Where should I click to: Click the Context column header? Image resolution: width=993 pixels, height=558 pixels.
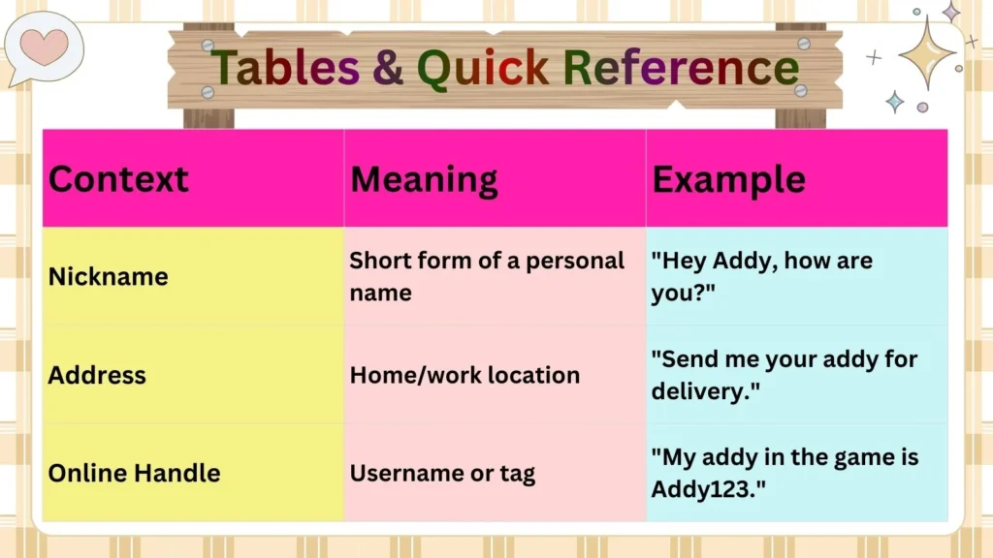coord(118,179)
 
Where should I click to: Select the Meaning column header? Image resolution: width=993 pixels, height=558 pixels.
coord(424,179)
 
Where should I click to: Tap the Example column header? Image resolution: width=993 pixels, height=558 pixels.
coord(728,179)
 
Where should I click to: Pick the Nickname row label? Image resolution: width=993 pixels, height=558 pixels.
coord(108,276)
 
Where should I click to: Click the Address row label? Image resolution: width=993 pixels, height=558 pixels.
coord(97,375)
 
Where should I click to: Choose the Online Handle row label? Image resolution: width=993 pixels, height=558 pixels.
coord(134,473)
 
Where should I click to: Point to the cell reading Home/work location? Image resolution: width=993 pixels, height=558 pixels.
coord(464,375)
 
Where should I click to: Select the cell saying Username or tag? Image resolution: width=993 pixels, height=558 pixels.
coord(442,473)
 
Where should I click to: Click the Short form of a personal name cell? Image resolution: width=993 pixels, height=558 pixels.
coord(487,276)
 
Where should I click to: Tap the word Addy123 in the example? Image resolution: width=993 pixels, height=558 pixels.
coord(701,489)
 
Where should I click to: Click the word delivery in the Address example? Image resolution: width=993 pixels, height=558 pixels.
coord(693,391)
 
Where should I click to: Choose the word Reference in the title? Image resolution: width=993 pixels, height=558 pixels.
coord(680,67)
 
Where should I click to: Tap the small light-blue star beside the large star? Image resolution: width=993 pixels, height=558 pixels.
coord(894,102)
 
